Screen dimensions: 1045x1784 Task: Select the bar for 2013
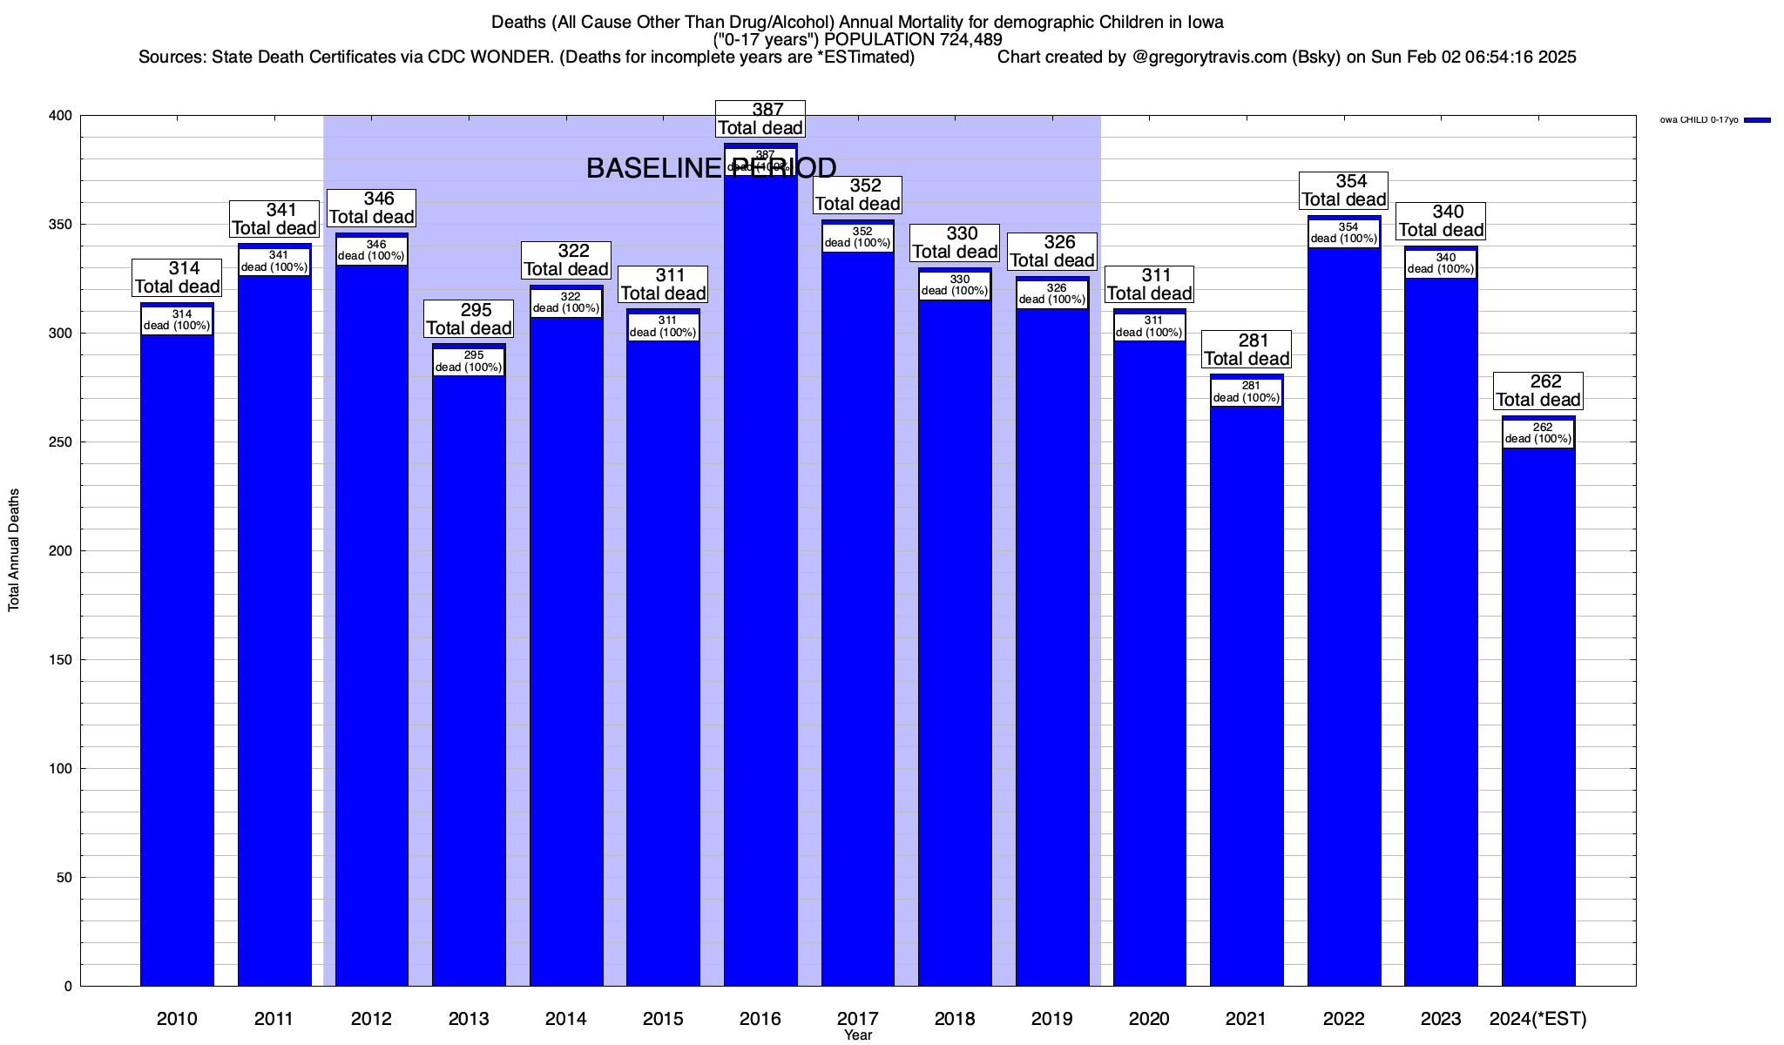pyautogui.click(x=469, y=679)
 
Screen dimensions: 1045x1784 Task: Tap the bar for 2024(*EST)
pyautogui.click(x=1538, y=714)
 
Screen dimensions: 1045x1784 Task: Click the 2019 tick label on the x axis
pyautogui.click(x=1052, y=1019)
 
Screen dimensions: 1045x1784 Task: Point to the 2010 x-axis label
pyautogui.click(x=177, y=1019)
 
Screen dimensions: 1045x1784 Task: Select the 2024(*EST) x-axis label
pyautogui.click(x=1538, y=1019)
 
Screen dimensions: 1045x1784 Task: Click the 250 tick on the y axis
pyautogui.click(x=62, y=442)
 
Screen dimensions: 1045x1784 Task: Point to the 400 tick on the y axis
pyautogui.click(x=62, y=116)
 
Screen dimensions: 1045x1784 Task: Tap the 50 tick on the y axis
pyautogui.click(x=65, y=878)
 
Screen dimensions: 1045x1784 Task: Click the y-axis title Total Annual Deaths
pyautogui.click(x=14, y=549)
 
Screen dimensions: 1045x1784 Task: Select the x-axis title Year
pyautogui.click(x=858, y=1035)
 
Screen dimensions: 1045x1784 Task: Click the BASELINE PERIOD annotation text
pyautogui.click(x=711, y=168)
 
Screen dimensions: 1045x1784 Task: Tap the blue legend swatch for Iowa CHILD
pyautogui.click(x=1758, y=120)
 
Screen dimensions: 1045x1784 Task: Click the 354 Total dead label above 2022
pyautogui.click(x=1344, y=191)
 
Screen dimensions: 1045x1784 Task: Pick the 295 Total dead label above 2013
pyautogui.click(x=469, y=320)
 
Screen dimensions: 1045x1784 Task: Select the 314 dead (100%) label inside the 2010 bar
pyautogui.click(x=177, y=320)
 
